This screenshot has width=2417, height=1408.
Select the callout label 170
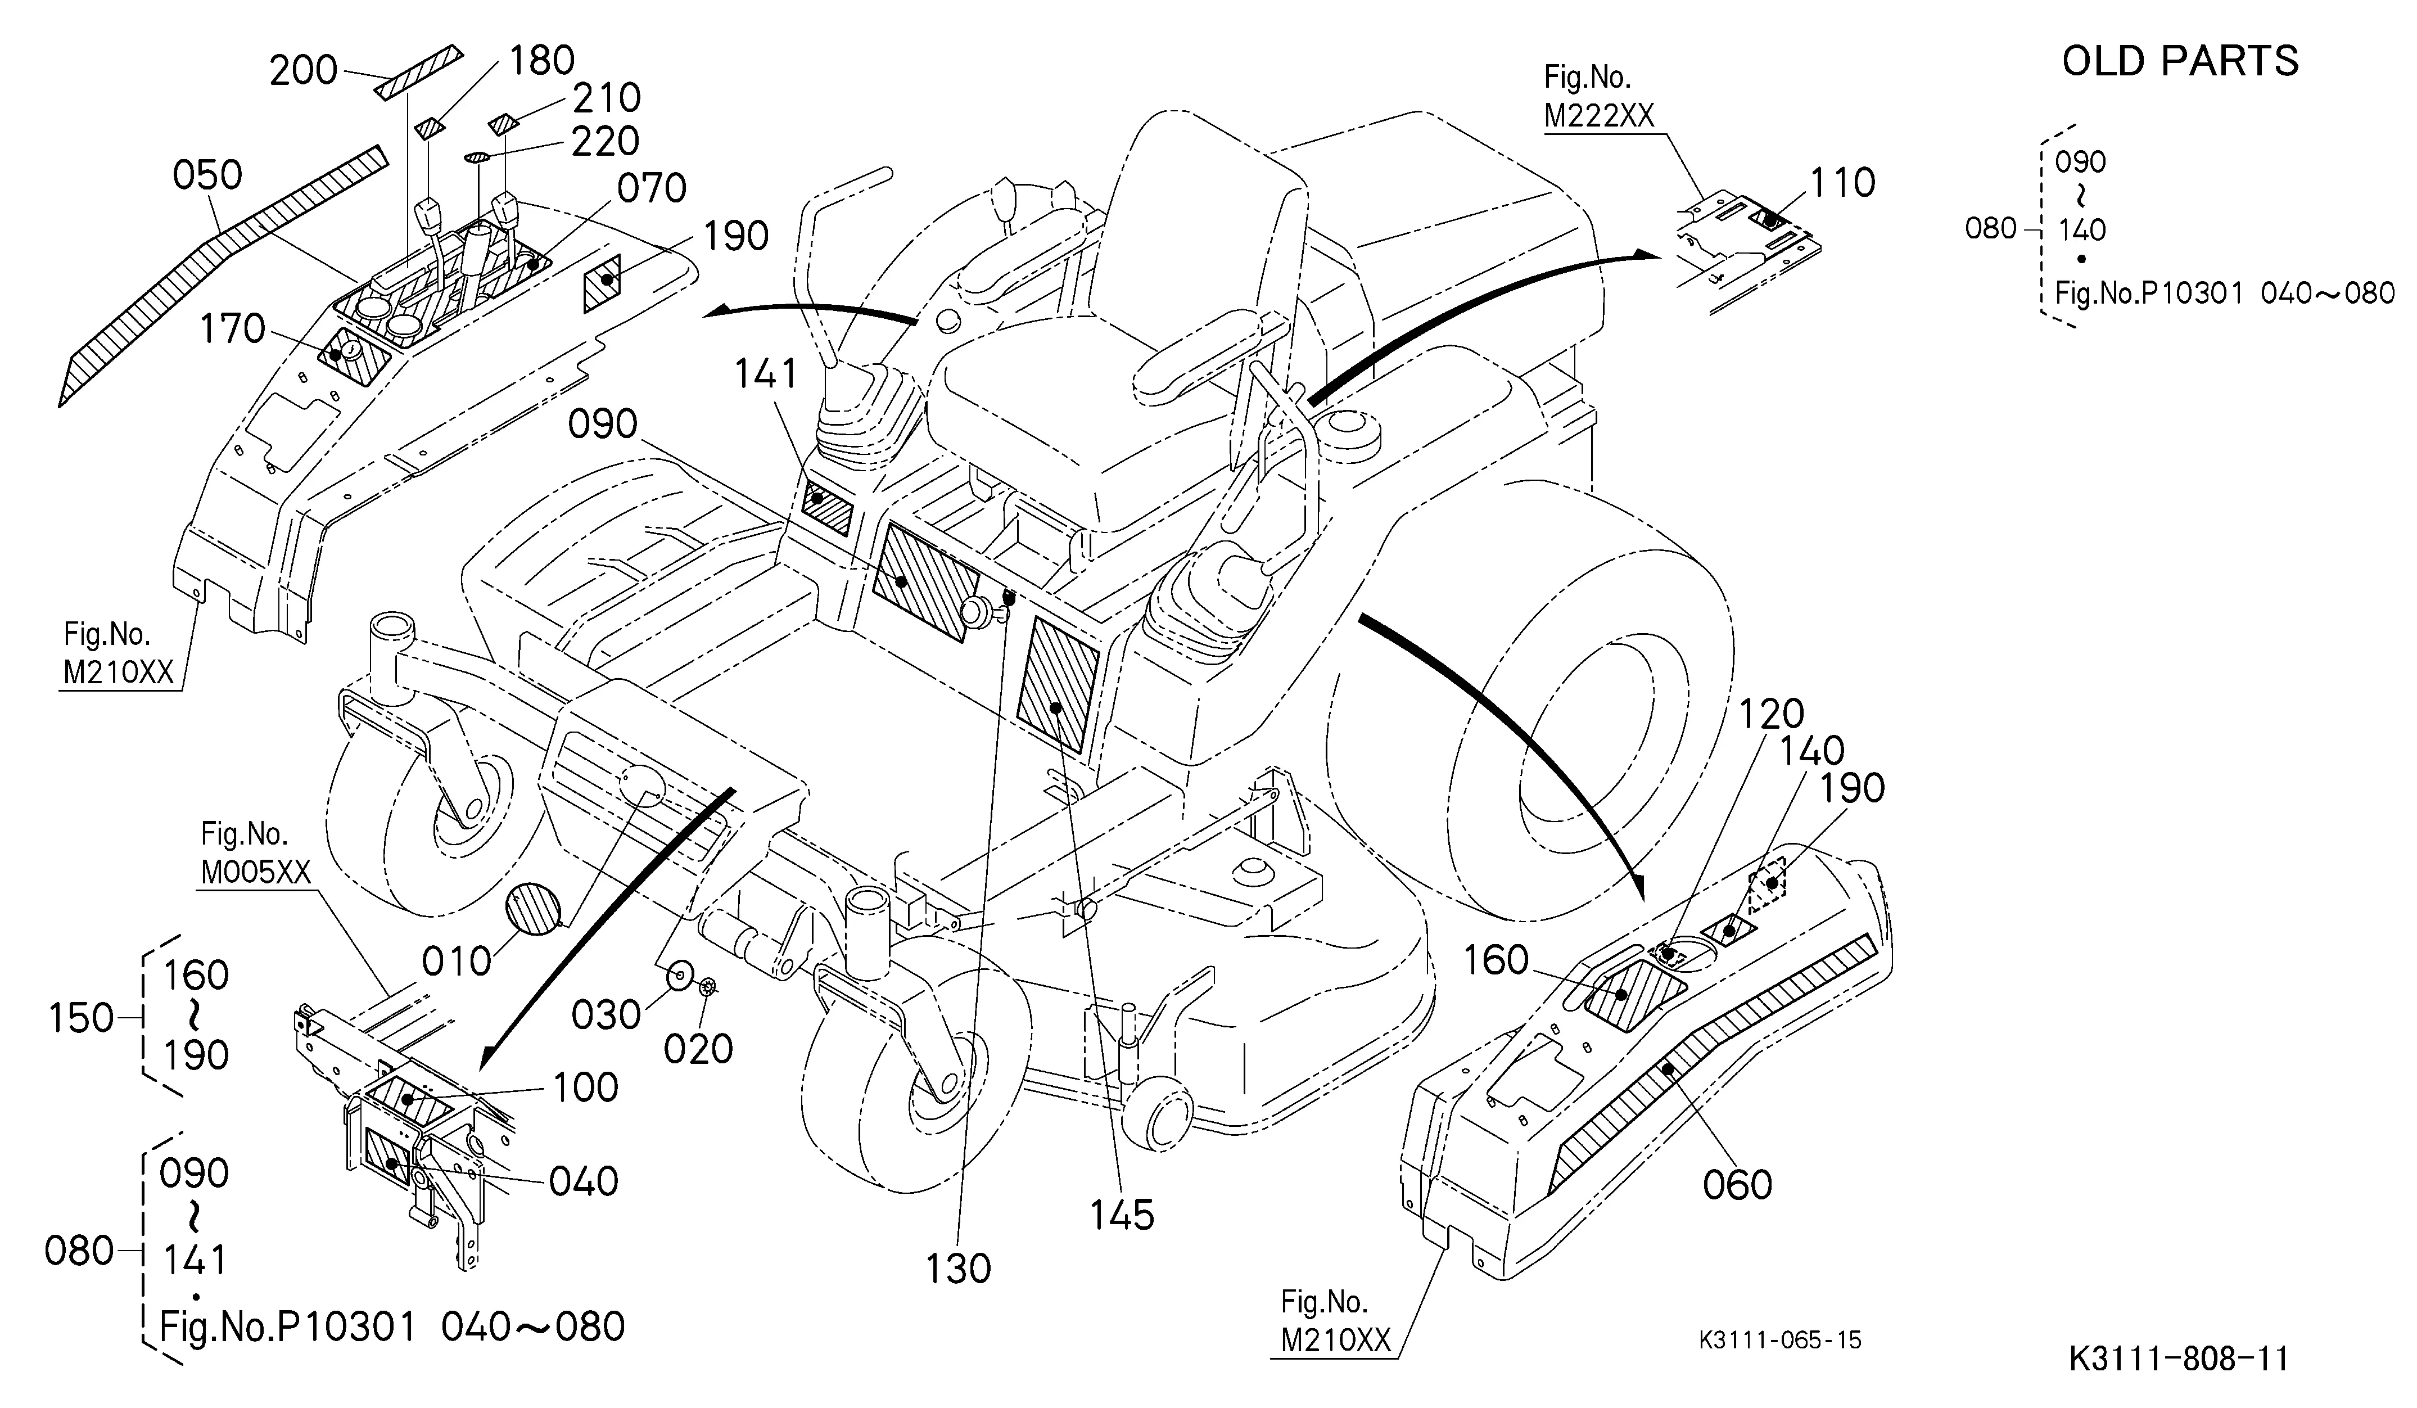click(232, 329)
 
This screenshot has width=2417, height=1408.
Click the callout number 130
click(958, 1269)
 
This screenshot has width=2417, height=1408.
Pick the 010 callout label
click(457, 961)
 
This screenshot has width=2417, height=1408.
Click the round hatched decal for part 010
click(534, 908)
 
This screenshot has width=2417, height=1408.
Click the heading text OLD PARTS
click(2180, 61)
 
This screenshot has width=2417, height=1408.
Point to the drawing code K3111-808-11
click(2178, 1359)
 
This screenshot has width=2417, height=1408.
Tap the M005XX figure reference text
click(256, 872)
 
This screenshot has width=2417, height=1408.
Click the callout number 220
click(605, 142)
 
